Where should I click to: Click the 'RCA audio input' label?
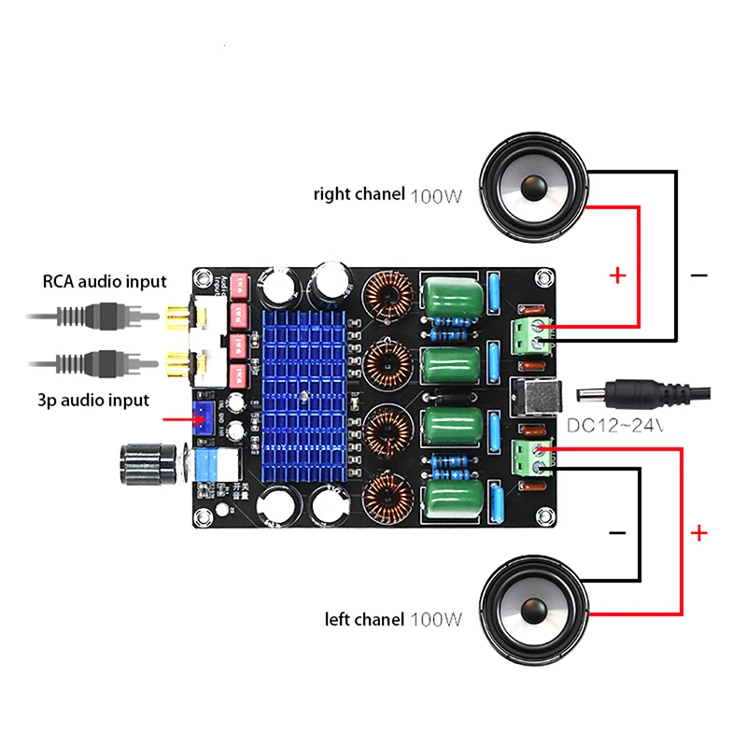pos(104,281)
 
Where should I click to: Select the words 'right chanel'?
pos(359,195)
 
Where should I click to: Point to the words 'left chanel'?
pos(364,619)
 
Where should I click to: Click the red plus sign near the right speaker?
pos(617,275)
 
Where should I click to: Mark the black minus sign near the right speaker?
pos(698,275)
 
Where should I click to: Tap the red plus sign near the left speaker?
pos(698,533)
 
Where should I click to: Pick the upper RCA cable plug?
pos(112,318)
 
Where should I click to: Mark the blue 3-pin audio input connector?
pos(202,419)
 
